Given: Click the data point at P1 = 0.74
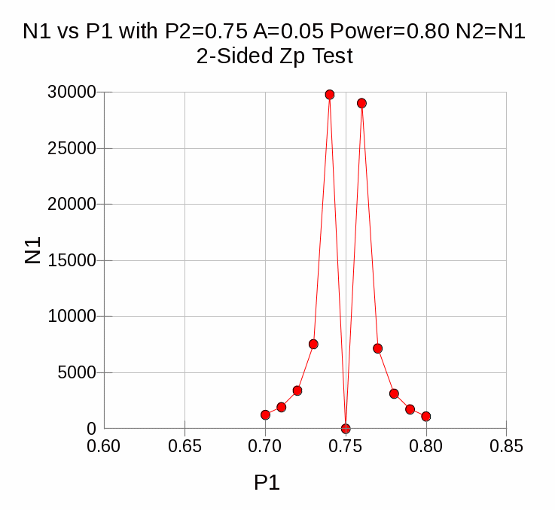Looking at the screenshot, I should point(330,95).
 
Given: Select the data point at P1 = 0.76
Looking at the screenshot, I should point(361,103).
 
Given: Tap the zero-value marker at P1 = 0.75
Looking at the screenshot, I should point(346,429).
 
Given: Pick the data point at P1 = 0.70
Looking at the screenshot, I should point(265,414).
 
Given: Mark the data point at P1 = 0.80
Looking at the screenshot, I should point(426,416).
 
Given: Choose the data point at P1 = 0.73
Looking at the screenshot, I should point(313,344).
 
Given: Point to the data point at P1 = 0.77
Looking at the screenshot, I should point(378,348).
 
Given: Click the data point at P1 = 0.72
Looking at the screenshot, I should point(297,390).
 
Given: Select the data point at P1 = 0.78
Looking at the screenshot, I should point(394,393).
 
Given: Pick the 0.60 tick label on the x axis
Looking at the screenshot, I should point(104,447).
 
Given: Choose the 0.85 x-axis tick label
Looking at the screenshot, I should point(506,447).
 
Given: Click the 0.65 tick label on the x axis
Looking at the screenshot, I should point(184,447).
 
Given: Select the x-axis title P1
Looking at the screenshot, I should point(267,483).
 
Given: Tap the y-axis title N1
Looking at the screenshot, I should point(32,251).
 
